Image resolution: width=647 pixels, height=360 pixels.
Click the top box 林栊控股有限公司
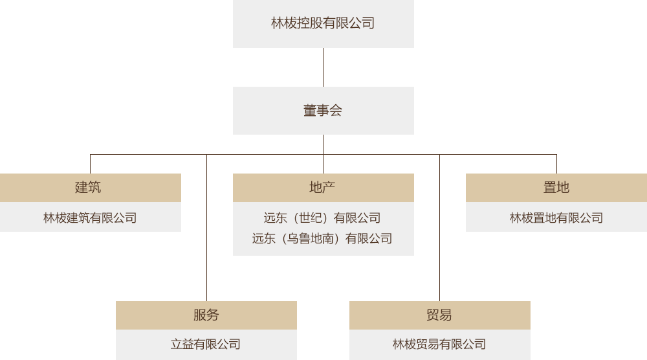tap(323, 24)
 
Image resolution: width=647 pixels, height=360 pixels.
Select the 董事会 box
tap(323, 111)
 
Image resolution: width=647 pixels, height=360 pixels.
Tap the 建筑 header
tap(90, 188)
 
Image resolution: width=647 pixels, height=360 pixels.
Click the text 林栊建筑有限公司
tap(90, 218)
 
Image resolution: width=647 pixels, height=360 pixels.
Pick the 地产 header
tap(323, 188)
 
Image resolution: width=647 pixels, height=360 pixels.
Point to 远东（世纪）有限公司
tap(322, 218)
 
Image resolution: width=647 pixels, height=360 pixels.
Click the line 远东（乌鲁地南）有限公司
tap(322, 239)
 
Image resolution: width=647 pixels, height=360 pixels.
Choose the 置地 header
tap(556, 188)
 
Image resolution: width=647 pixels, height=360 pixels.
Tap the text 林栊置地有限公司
tap(556, 218)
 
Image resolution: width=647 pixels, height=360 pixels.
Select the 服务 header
tap(206, 315)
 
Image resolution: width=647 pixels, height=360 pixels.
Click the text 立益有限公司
tap(206, 344)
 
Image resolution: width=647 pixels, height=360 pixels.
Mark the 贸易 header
tap(439, 315)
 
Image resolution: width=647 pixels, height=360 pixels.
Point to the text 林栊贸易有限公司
tap(439, 344)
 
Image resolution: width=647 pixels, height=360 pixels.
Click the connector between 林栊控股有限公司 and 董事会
tap(323, 67)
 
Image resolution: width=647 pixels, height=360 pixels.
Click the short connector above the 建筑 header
tap(90, 163)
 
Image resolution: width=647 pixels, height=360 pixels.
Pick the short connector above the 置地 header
tap(556, 163)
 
